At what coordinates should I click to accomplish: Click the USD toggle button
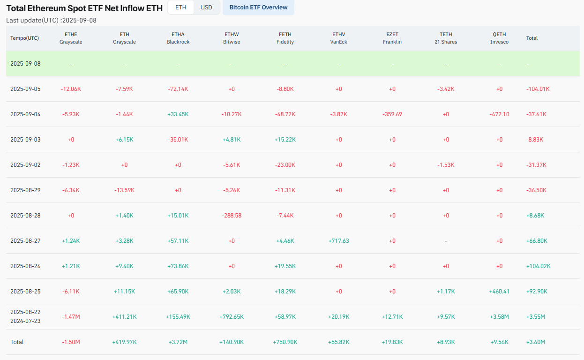click(x=206, y=7)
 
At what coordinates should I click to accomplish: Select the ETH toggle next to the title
click(x=180, y=7)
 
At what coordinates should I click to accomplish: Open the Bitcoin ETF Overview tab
click(x=258, y=7)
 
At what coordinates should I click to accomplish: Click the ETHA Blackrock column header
click(x=178, y=38)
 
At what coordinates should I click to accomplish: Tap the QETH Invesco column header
click(x=499, y=38)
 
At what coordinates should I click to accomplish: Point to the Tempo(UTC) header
click(x=25, y=38)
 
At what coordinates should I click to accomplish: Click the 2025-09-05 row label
click(x=25, y=89)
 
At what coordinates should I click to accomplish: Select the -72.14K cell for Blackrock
click(x=178, y=89)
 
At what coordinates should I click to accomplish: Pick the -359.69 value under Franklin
click(x=392, y=114)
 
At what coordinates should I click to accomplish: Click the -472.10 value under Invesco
click(x=499, y=114)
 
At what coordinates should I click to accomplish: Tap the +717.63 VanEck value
click(x=338, y=241)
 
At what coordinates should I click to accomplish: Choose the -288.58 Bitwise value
click(x=232, y=216)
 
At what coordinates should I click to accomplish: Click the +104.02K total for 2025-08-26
click(x=539, y=266)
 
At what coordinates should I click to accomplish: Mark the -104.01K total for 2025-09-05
click(x=538, y=89)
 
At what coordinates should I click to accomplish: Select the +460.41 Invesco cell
click(x=499, y=292)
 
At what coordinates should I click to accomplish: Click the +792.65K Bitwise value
click(x=232, y=317)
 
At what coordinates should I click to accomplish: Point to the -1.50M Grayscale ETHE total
click(x=71, y=342)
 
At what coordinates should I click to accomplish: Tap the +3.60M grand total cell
click(x=536, y=342)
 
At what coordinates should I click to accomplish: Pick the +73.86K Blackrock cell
click(x=178, y=266)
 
